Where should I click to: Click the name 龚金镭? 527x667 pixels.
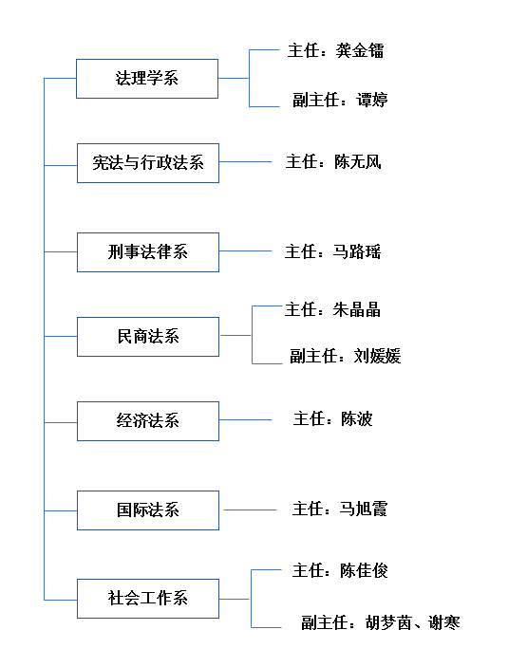(360, 50)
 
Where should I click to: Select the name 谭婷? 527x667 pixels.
(371, 100)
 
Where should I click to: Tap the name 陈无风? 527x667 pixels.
(358, 162)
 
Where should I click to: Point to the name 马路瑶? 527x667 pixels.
(357, 251)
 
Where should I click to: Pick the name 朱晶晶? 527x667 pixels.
(357, 309)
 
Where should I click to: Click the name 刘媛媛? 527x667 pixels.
(377, 356)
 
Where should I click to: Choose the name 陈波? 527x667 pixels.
(357, 419)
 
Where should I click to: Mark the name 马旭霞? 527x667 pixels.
(363, 509)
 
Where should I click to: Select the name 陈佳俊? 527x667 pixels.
(364, 570)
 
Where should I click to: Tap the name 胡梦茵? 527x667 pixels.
(388, 622)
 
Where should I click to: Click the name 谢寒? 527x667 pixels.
(444, 622)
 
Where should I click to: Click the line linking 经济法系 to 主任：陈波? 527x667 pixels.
(245, 420)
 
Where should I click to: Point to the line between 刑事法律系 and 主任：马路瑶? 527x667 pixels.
(245, 251)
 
